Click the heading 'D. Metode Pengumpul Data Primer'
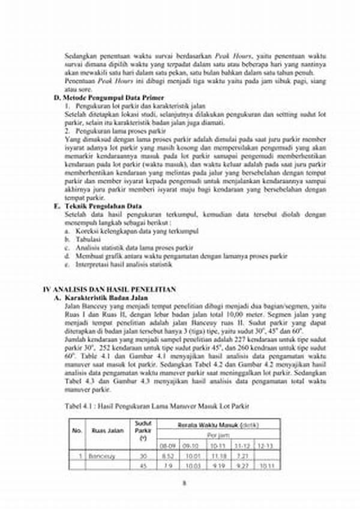pyautogui.click(x=109, y=97)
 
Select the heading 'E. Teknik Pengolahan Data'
pyautogui.click(x=98, y=206)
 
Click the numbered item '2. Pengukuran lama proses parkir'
pyautogui.click(x=115, y=130)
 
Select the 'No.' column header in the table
pyautogui.click(x=77, y=430)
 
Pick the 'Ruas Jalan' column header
pyautogui.click(x=107, y=430)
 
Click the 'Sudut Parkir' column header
pyautogui.click(x=143, y=430)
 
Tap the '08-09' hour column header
pyautogui.click(x=167, y=446)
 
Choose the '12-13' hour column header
pyautogui.click(x=265, y=446)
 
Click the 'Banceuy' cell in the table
pyautogui.click(x=104, y=456)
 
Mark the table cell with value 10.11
pyautogui.click(x=265, y=466)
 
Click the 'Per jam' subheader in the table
pyautogui.click(x=217, y=436)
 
